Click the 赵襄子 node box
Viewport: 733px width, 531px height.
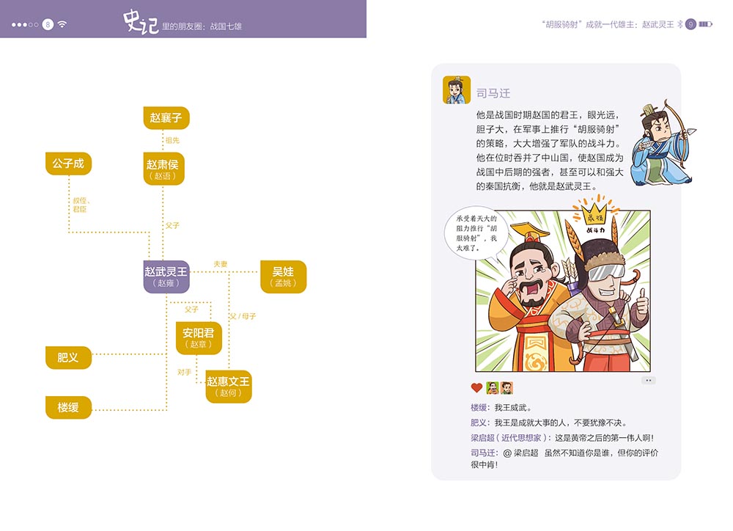point(166,117)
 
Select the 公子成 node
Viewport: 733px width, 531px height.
point(68,164)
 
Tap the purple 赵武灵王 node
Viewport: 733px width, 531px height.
point(166,277)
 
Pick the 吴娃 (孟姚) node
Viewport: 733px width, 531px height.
point(283,277)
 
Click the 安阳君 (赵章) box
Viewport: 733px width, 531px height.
point(199,337)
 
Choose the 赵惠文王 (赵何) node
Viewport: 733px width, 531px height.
point(228,386)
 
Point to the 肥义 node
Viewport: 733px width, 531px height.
point(68,357)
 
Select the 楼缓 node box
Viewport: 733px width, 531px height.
point(68,407)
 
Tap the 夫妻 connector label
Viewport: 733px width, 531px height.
point(221,263)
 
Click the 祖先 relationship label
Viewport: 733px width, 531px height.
point(172,139)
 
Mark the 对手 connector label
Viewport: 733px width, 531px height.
point(184,372)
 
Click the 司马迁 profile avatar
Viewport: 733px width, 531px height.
point(457,89)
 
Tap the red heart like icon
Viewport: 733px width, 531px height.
point(476,388)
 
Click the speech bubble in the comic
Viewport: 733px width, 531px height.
point(474,232)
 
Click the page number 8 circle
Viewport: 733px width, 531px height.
point(48,24)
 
